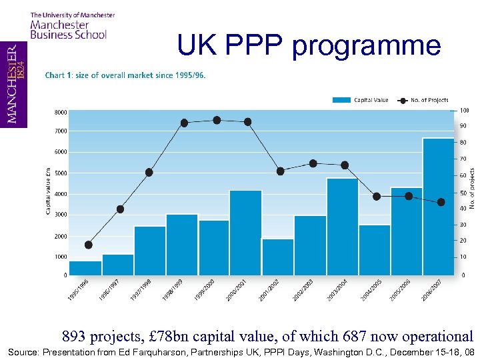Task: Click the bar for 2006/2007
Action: [439, 206]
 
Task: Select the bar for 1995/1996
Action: [85, 267]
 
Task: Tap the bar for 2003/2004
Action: [342, 226]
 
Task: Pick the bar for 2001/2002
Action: [277, 256]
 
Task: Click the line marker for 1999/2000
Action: [217, 120]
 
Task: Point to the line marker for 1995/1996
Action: [88, 245]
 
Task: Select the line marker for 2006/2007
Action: [441, 202]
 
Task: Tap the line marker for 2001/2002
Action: [280, 171]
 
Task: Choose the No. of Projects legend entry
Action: [423, 100]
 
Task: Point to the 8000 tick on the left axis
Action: [61, 111]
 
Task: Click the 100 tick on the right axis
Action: [465, 110]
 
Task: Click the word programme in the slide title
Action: [366, 45]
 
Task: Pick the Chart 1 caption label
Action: [125, 75]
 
